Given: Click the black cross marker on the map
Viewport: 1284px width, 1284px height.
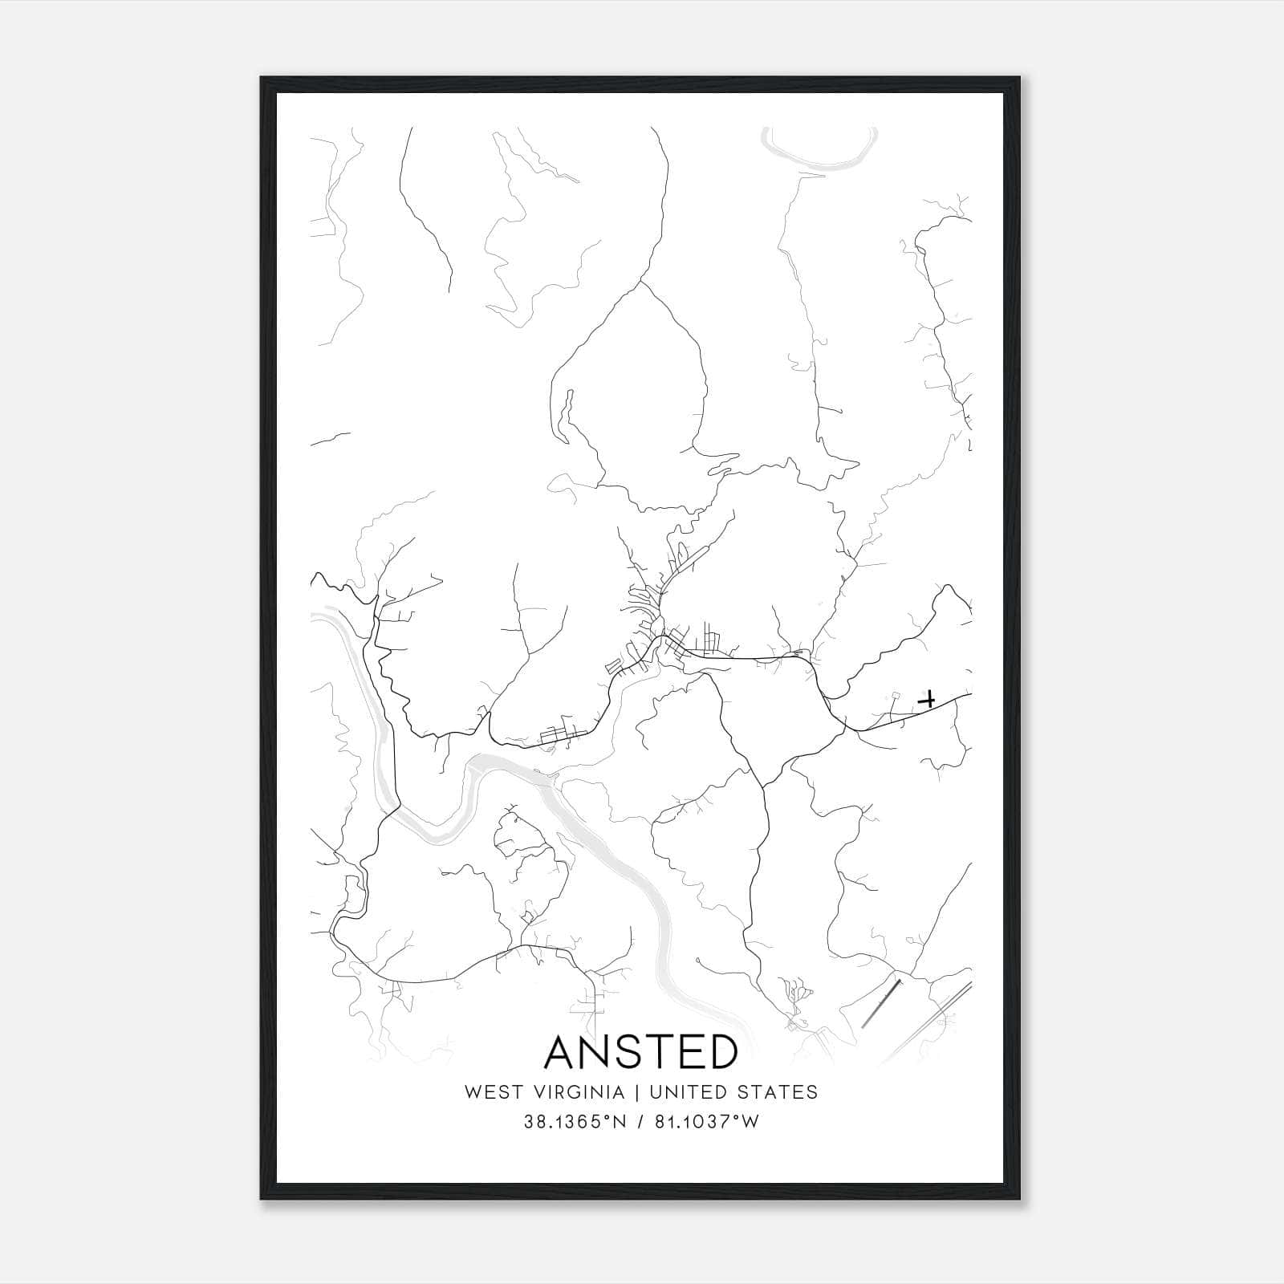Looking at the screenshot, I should click(x=928, y=700).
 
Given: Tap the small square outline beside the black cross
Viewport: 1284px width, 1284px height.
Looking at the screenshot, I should click(x=895, y=696).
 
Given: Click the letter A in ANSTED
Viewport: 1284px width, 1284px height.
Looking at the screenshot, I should click(x=563, y=1053).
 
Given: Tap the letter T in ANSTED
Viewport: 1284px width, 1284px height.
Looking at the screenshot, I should click(x=670, y=1053).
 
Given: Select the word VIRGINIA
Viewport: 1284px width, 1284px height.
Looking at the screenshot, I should click(x=579, y=1092).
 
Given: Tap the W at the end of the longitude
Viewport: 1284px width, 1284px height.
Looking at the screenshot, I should click(x=750, y=1122).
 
